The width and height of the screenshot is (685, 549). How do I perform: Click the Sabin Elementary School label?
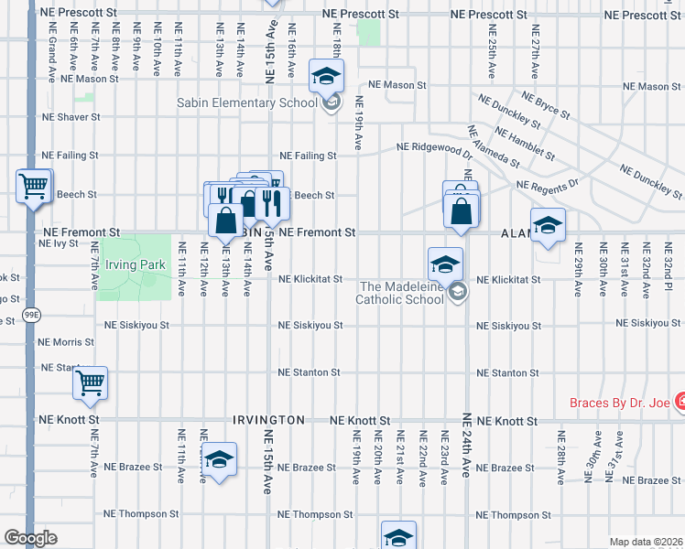click(x=247, y=102)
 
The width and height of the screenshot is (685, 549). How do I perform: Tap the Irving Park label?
click(x=135, y=265)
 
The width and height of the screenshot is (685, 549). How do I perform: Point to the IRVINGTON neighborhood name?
click(x=268, y=420)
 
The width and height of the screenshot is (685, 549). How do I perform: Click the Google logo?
click(x=30, y=538)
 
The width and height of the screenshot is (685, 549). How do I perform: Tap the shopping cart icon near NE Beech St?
click(x=34, y=187)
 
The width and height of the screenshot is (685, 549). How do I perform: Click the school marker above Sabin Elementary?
click(x=325, y=77)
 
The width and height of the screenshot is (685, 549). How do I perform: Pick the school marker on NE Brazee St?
click(x=219, y=458)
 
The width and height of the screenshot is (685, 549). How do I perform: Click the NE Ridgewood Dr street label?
click(x=434, y=147)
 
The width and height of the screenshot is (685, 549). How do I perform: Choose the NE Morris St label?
click(x=66, y=342)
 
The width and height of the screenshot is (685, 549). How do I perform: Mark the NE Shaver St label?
click(x=71, y=117)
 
